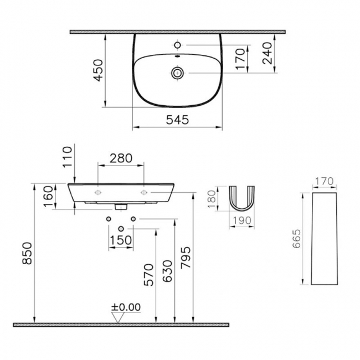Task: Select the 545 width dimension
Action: pos(177,119)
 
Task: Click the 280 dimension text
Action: pos(121,158)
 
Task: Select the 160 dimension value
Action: pos(48,195)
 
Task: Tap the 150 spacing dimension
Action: pos(120,240)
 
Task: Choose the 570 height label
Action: pos(148,274)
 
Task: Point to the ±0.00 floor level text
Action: pos(126,307)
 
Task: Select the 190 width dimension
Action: pos(242,220)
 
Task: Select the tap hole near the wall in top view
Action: pos(177,44)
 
